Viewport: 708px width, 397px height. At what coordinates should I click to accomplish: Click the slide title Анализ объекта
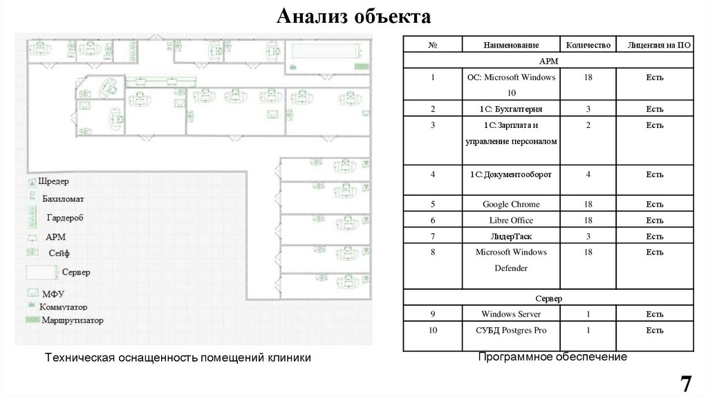353,17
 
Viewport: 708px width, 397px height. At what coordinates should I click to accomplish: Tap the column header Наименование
511,46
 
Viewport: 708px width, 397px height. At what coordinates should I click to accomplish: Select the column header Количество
588,46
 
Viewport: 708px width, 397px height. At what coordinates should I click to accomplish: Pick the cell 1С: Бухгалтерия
511,109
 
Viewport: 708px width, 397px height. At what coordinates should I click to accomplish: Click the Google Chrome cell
511,205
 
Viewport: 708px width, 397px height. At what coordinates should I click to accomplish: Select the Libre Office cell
511,221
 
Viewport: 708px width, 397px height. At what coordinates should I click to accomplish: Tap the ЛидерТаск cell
511,237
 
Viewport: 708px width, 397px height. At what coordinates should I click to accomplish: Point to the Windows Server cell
511,315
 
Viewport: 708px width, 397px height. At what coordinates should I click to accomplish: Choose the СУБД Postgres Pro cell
511,331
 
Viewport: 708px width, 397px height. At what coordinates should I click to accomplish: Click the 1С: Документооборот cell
511,174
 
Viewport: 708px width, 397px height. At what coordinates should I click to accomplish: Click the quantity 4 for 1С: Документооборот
588,174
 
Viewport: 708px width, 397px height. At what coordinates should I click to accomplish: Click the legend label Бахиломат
63,199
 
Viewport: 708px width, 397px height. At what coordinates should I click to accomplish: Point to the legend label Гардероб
65,218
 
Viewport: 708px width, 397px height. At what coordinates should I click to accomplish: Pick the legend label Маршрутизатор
72,321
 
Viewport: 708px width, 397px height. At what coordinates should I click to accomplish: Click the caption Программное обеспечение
552,357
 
